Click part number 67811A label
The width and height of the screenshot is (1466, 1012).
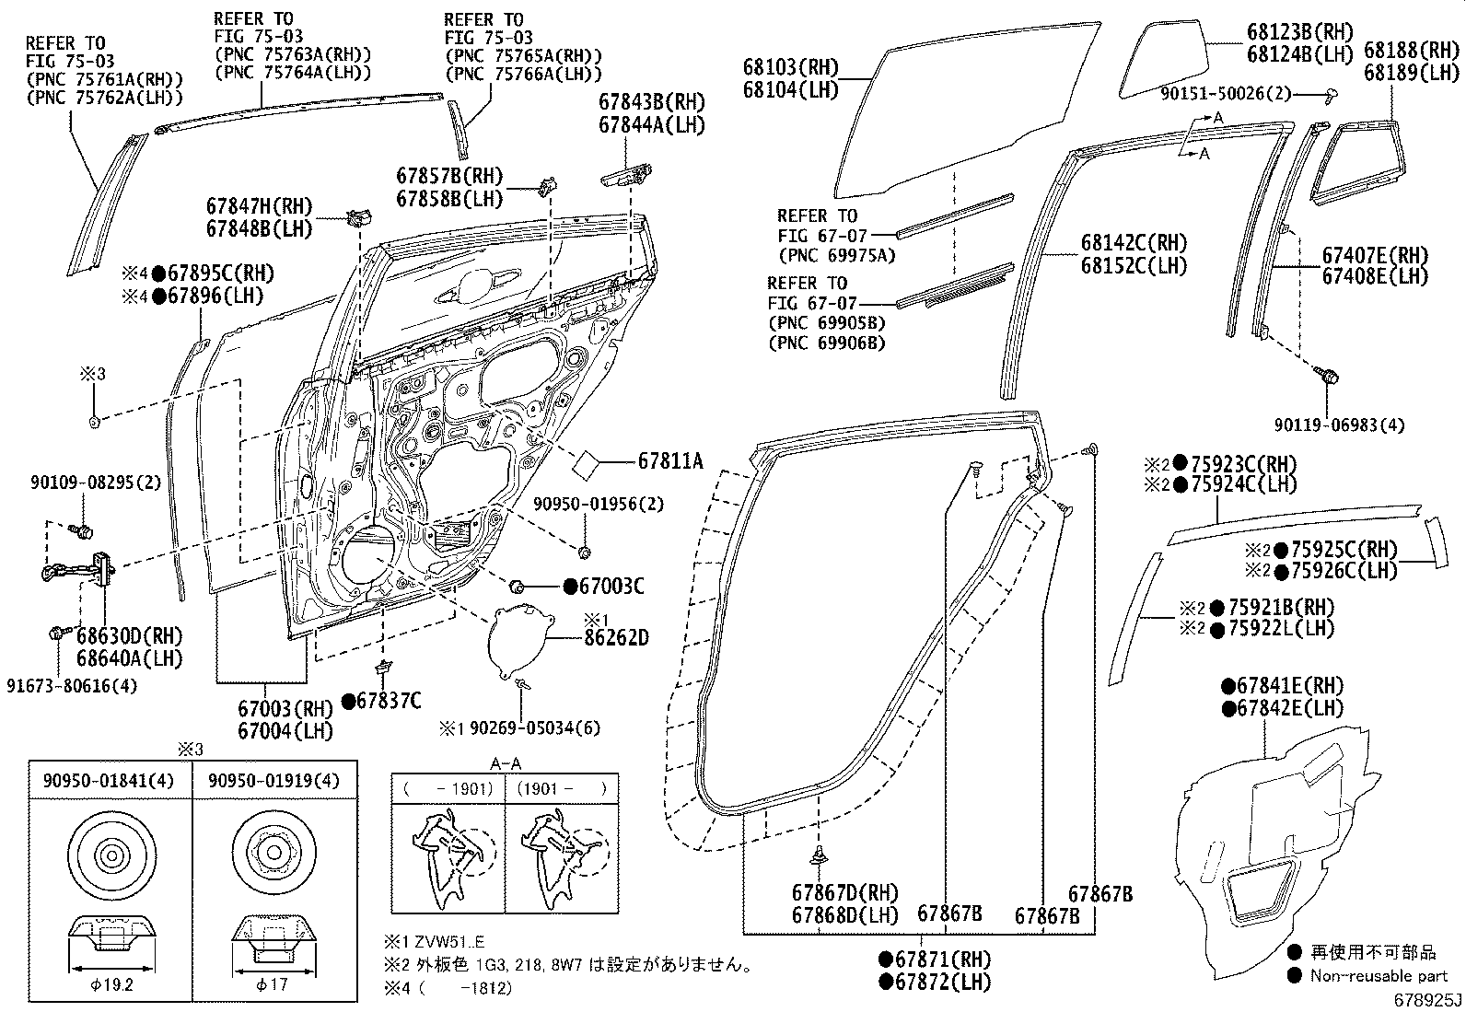point(669,459)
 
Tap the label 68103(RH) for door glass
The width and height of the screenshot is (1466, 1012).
point(791,66)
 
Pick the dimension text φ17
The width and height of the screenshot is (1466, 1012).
point(273,983)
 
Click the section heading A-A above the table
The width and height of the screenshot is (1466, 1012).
point(505,763)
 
